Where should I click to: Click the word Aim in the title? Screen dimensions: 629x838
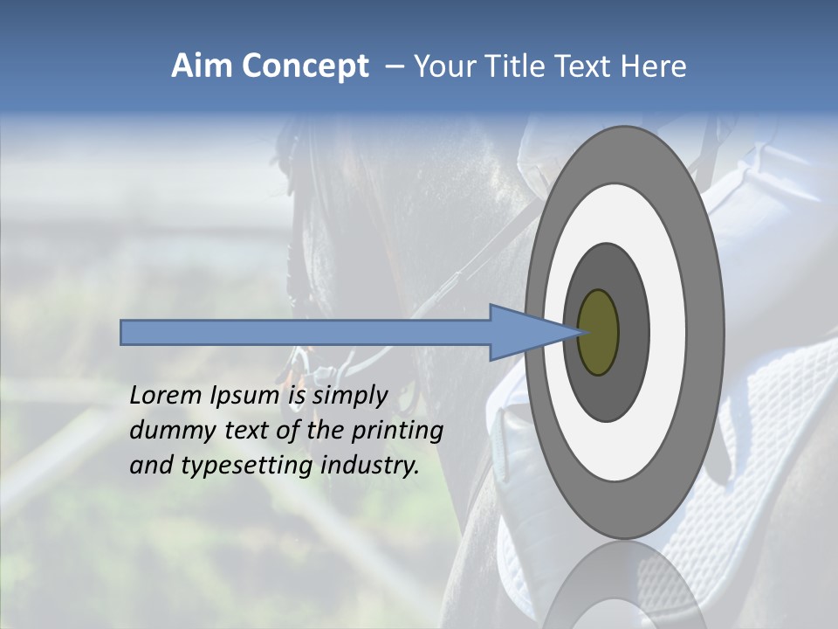202,66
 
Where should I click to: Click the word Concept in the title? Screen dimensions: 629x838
305,66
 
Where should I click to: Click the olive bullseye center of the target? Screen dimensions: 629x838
598,332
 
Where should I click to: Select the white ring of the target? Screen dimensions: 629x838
668,332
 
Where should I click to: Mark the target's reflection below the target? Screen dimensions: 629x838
623,585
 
